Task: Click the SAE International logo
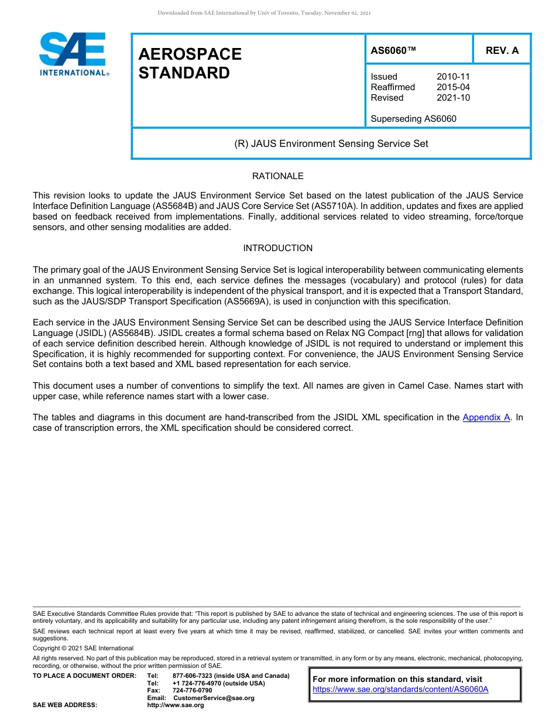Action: (73, 54)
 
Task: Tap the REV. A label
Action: (502, 50)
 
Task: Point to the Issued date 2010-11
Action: (453, 77)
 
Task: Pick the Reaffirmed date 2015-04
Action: (453, 87)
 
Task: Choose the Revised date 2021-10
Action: (453, 98)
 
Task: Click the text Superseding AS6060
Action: (413, 119)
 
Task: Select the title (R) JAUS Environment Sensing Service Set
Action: (331, 143)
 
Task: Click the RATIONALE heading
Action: (277, 176)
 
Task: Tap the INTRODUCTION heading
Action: (277, 248)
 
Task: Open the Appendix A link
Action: (486, 417)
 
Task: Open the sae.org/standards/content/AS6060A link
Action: (400, 690)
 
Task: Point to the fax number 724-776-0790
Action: (192, 691)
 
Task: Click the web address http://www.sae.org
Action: (175, 705)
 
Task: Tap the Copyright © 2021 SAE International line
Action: (83, 648)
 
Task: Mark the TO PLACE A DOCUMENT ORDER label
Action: (84, 676)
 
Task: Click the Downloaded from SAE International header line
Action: (264, 12)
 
